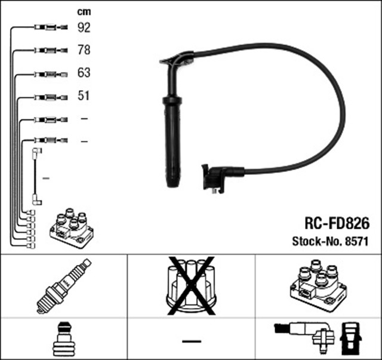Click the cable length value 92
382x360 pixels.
click(x=85, y=27)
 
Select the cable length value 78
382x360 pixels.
click(x=85, y=51)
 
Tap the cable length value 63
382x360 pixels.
click(x=85, y=73)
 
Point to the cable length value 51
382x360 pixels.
click(x=84, y=96)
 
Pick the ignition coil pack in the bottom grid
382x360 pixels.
click(x=316, y=285)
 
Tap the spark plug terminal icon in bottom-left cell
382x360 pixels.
click(x=63, y=339)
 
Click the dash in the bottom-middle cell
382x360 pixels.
click(x=192, y=341)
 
